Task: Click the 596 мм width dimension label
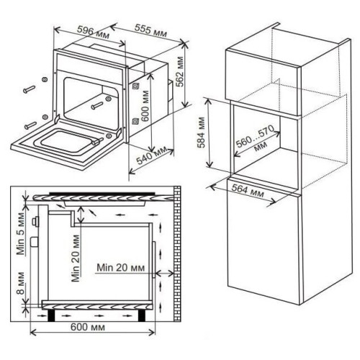[93, 32]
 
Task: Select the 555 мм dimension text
[150, 30]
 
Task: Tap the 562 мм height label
[179, 71]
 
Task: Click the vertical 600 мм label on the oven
[145, 106]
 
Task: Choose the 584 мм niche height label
[200, 132]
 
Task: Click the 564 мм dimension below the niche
[248, 192]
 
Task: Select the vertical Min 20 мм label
[75, 258]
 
